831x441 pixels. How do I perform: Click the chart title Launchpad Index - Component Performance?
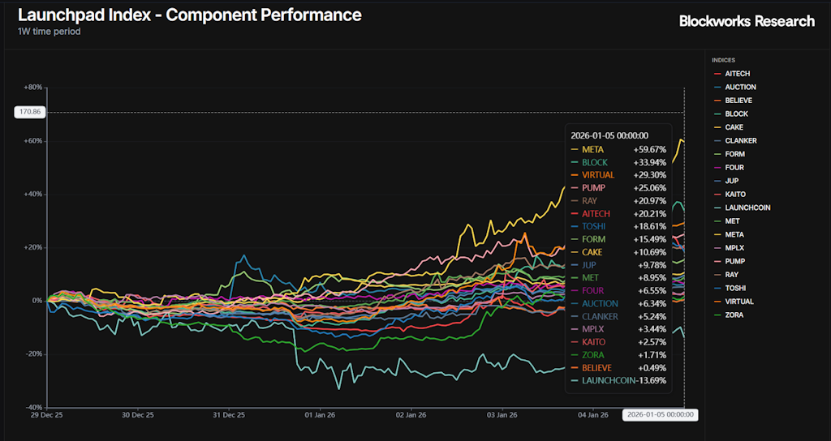coord(190,15)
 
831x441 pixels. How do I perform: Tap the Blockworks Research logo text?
coord(747,21)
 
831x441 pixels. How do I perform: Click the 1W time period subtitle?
coord(49,32)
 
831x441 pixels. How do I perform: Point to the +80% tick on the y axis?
coord(33,87)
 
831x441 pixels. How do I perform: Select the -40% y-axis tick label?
coord(33,407)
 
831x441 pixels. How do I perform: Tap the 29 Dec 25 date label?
coord(47,415)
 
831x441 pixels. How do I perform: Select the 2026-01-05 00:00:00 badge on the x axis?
coord(660,415)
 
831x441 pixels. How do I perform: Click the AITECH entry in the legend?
coord(737,74)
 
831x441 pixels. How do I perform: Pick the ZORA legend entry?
coord(733,315)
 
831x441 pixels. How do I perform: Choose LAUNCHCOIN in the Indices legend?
coord(747,208)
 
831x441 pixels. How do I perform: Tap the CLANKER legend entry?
coord(740,141)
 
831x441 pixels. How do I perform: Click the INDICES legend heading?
coord(724,60)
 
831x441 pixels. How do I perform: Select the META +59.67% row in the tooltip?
coord(618,149)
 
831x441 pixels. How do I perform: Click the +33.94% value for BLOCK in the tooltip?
coord(649,162)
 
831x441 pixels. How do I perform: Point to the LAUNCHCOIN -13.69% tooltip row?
coord(618,380)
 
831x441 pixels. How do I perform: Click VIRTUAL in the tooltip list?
coord(598,175)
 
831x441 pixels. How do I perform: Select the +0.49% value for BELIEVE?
coord(651,367)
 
